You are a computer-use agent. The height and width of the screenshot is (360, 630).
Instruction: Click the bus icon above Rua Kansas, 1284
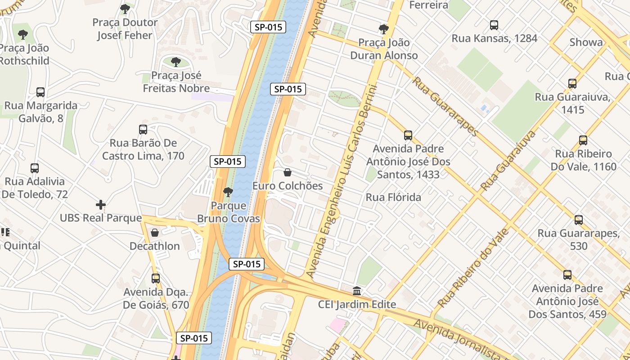(494, 25)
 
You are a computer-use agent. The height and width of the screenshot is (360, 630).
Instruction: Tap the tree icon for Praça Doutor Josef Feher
(125, 9)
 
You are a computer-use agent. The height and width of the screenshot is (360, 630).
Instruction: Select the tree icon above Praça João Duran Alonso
(384, 29)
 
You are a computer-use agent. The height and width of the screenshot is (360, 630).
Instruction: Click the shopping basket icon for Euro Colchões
(288, 172)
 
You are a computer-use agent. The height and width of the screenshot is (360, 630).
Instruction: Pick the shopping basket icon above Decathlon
(155, 233)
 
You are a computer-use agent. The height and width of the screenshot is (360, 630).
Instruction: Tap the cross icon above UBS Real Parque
(101, 205)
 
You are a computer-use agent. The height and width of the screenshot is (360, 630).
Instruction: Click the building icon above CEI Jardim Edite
(357, 291)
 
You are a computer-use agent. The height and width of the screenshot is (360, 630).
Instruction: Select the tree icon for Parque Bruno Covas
(228, 192)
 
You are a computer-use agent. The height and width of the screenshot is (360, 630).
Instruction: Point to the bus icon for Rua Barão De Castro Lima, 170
(143, 130)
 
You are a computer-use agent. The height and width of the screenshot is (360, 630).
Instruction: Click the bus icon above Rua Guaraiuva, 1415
(572, 84)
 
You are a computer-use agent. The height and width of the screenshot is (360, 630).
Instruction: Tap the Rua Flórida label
(393, 197)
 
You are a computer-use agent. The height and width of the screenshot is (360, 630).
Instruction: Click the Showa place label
(586, 42)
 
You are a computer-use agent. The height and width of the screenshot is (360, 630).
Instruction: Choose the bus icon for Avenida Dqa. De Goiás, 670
(156, 279)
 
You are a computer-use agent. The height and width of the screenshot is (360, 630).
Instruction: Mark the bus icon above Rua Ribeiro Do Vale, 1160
(583, 140)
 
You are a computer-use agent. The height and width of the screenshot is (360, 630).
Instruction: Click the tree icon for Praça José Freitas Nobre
(176, 62)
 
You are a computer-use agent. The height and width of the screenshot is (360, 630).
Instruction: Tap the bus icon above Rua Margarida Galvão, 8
(40, 92)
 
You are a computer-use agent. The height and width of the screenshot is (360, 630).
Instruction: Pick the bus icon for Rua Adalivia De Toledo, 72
(35, 168)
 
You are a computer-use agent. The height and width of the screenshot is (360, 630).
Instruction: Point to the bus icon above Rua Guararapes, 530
(579, 220)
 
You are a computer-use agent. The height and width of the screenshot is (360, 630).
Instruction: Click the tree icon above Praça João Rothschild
(23, 34)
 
